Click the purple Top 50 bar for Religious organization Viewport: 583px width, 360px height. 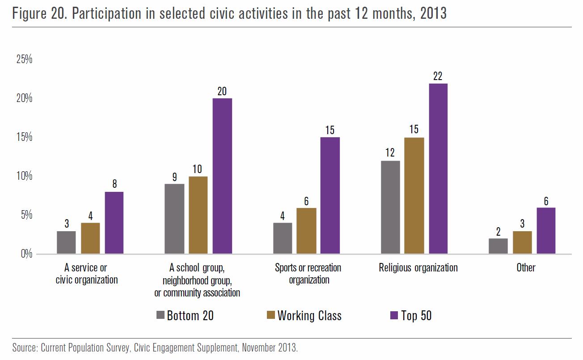pyautogui.click(x=438, y=169)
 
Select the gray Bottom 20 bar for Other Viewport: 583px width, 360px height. pyautogui.click(x=498, y=246)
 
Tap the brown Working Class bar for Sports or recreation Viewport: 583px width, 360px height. pyautogui.click(x=306, y=231)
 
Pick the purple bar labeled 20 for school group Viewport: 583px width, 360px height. pyautogui.click(x=222, y=176)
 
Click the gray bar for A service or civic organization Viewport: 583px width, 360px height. pyautogui.click(x=66, y=242)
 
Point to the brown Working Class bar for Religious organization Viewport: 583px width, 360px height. pyautogui.click(x=414, y=195)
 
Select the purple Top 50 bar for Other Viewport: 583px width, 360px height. pyautogui.click(x=546, y=231)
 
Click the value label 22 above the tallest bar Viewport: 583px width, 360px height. pyautogui.click(x=438, y=76)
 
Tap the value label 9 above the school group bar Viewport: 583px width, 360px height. pyautogui.click(x=174, y=177)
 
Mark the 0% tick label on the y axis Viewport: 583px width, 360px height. pyautogui.click(x=26, y=254)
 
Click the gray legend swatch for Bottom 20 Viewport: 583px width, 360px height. pyautogui.click(x=161, y=315)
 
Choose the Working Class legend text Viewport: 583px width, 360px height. pyautogui.click(x=309, y=316)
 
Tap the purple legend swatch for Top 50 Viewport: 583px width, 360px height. pyautogui.click(x=394, y=315)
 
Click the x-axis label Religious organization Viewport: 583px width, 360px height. pyautogui.click(x=418, y=268)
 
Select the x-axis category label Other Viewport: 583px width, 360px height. pyautogui.click(x=526, y=268)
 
